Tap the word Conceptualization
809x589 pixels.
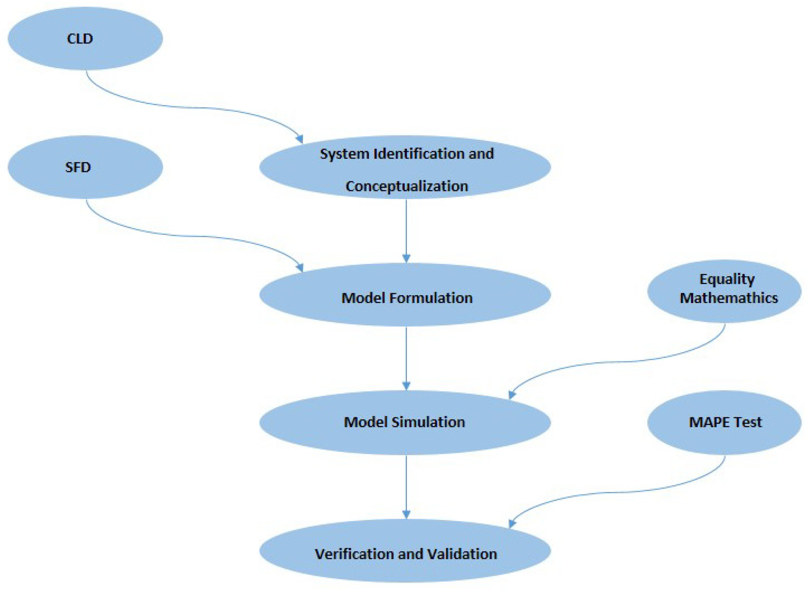pyautogui.click(x=407, y=186)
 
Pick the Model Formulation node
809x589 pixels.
pyautogui.click(x=405, y=298)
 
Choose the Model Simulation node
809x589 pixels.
pyautogui.click(x=405, y=422)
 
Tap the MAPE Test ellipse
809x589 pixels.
pyautogui.click(x=724, y=423)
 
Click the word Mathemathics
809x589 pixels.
pyautogui.click(x=729, y=298)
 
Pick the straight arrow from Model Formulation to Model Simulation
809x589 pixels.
pyautogui.click(x=406, y=357)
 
